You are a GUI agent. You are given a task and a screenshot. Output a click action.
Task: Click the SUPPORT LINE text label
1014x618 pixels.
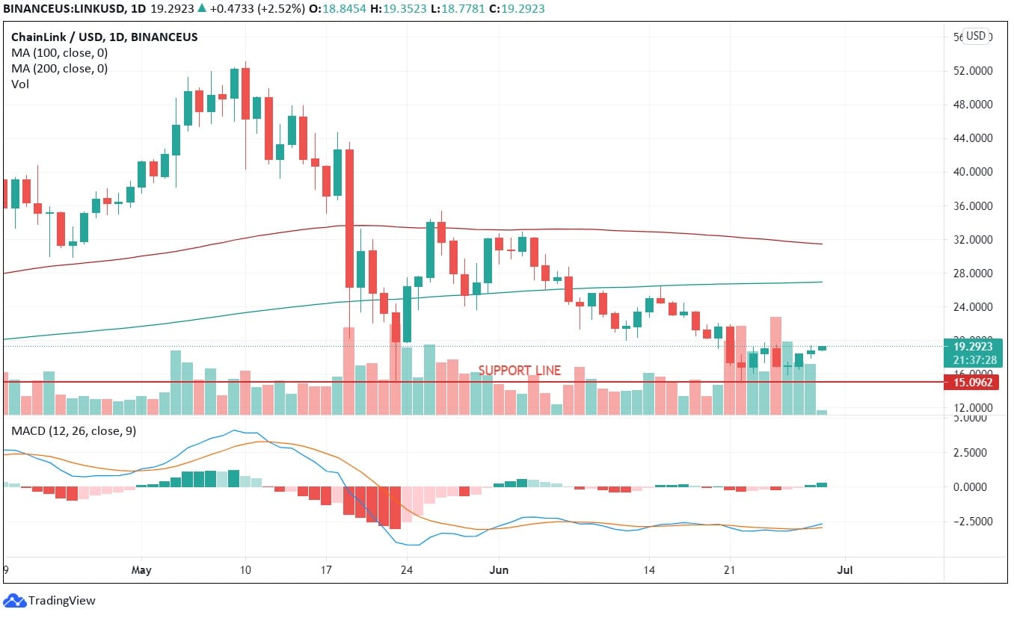[519, 370]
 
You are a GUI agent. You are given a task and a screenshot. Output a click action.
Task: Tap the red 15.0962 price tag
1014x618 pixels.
[971, 382]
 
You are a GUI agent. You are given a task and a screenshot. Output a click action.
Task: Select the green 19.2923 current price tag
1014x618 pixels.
[971, 347]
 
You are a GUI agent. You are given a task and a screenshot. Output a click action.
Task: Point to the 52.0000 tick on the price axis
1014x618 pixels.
[971, 71]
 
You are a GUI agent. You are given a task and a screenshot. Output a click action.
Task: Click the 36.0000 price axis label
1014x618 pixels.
[971, 206]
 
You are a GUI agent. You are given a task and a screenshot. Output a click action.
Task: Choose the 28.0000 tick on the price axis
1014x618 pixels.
[971, 274]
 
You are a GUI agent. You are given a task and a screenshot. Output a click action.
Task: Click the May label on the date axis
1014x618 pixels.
[141, 570]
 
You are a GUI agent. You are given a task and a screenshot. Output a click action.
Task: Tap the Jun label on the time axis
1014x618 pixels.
[498, 570]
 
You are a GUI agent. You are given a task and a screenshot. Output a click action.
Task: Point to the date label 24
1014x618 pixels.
[407, 570]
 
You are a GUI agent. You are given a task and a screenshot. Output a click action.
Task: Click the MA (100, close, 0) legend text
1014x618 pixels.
[59, 53]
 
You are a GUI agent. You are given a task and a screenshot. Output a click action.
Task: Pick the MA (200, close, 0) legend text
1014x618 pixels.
[59, 69]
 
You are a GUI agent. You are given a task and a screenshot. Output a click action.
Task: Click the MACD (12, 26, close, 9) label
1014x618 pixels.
[73, 431]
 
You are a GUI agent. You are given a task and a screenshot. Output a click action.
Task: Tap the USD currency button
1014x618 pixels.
[976, 36]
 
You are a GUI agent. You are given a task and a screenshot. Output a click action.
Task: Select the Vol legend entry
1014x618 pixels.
[20, 84]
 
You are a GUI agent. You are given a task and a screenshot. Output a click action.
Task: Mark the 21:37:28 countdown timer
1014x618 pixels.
[971, 360]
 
